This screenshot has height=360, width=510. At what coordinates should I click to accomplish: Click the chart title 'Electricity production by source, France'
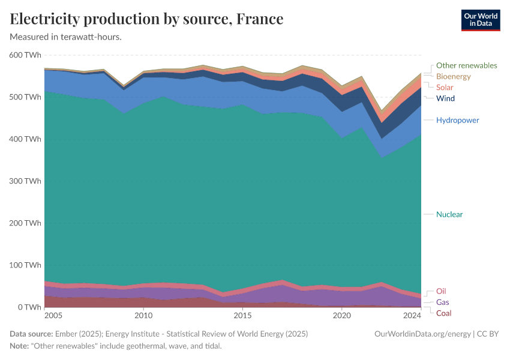coord(146,19)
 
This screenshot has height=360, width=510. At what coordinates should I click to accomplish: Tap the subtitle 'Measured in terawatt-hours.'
coord(66,37)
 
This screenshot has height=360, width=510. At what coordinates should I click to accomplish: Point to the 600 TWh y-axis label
coord(26,55)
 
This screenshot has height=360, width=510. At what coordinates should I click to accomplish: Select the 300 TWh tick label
coord(26,181)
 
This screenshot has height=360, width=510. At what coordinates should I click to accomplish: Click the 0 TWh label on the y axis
coord(29,307)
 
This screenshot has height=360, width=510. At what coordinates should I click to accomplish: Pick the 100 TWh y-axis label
coord(26,265)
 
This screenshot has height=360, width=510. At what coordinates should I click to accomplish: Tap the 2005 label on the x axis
coord(53,316)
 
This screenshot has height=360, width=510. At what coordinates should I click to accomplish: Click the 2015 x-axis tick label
coord(242,316)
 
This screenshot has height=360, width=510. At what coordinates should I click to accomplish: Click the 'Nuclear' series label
coord(449,214)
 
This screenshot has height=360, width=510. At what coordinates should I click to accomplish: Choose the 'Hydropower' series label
coord(457,120)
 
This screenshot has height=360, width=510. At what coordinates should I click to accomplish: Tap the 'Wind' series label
coord(445,98)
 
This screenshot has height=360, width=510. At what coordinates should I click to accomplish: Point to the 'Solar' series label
coord(445,88)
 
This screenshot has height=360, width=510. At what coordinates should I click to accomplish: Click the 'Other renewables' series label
coord(466,65)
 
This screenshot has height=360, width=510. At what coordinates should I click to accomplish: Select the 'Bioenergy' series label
coord(453,77)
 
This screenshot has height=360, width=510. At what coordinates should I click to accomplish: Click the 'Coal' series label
coord(443,313)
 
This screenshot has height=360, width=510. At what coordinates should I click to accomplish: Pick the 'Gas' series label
coord(442,302)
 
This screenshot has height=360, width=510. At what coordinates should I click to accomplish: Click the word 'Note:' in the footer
coord(20,347)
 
